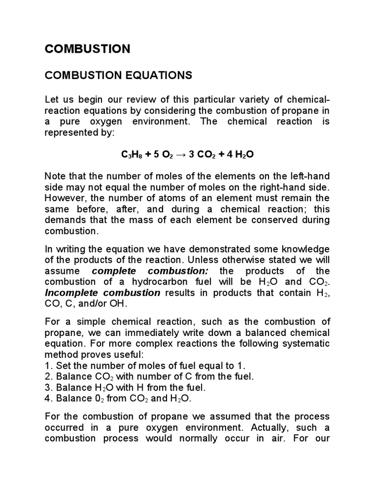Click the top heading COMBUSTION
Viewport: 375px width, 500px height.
click(x=87, y=49)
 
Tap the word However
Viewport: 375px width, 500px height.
click(x=63, y=198)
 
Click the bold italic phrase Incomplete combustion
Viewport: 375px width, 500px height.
click(x=103, y=293)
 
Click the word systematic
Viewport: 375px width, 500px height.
click(x=307, y=343)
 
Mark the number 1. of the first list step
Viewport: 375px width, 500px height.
click(x=48, y=365)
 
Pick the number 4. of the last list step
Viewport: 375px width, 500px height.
click(x=48, y=398)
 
